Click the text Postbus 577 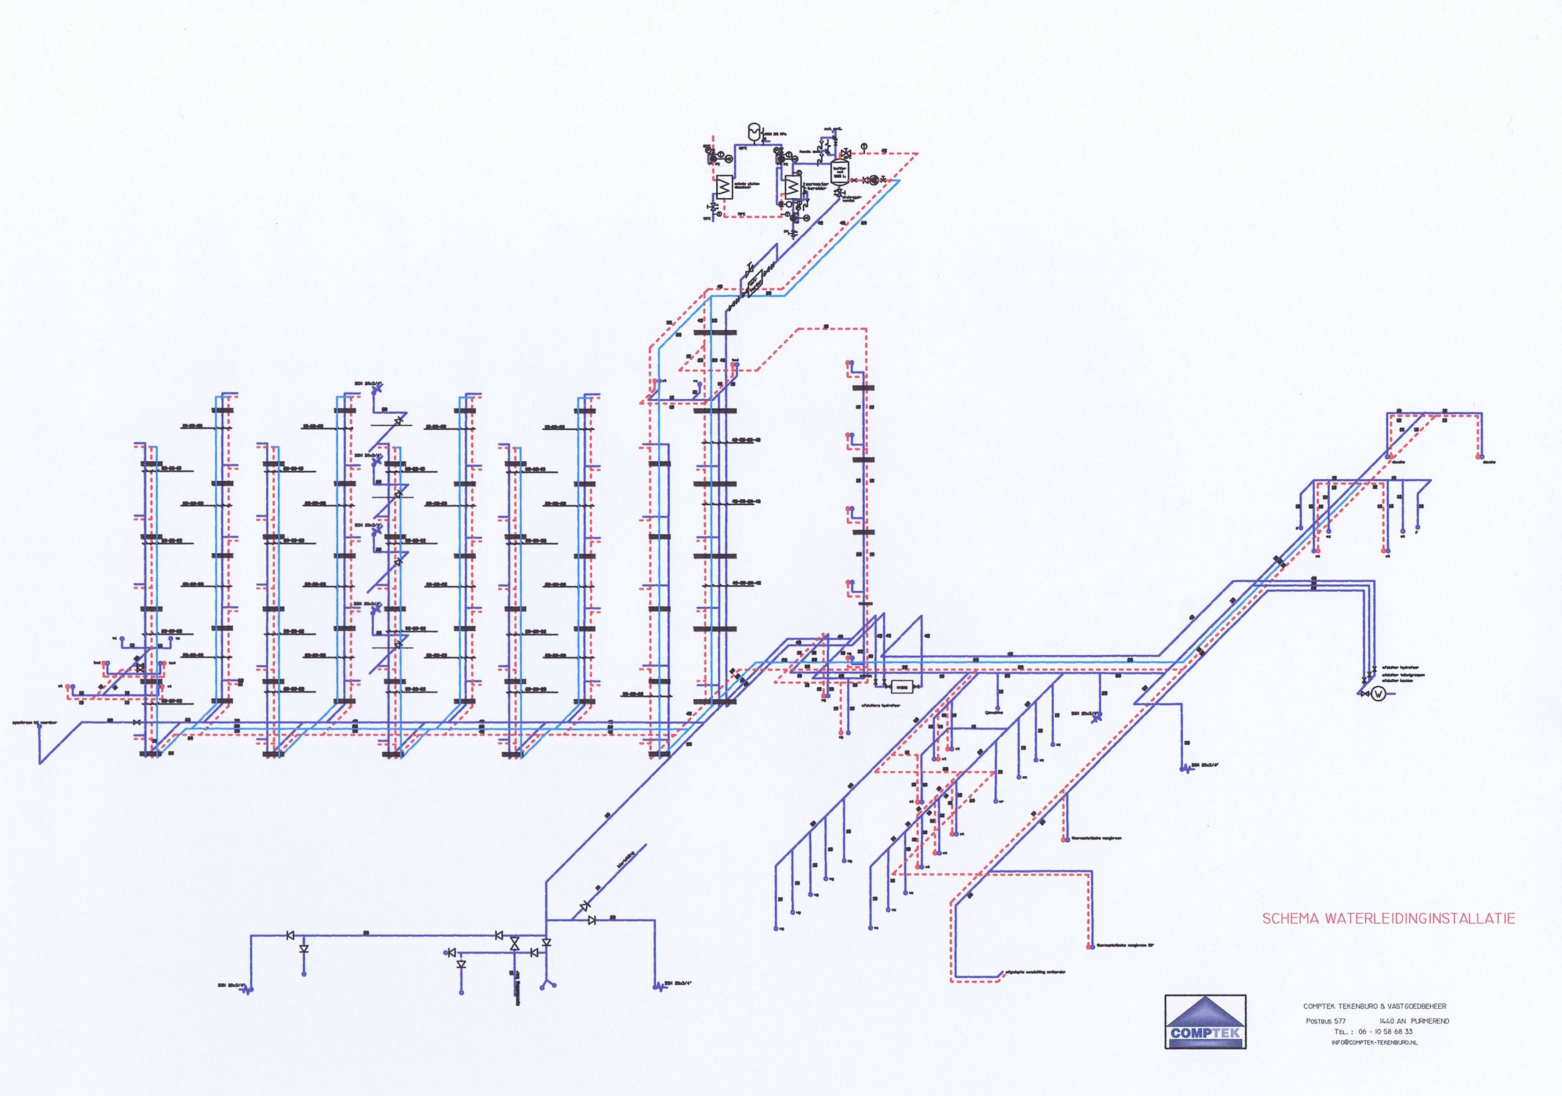(x=1325, y=1021)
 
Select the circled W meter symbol (x=1378, y=694)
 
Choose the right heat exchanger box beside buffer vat (x=792, y=186)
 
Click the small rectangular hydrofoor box (x=902, y=686)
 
